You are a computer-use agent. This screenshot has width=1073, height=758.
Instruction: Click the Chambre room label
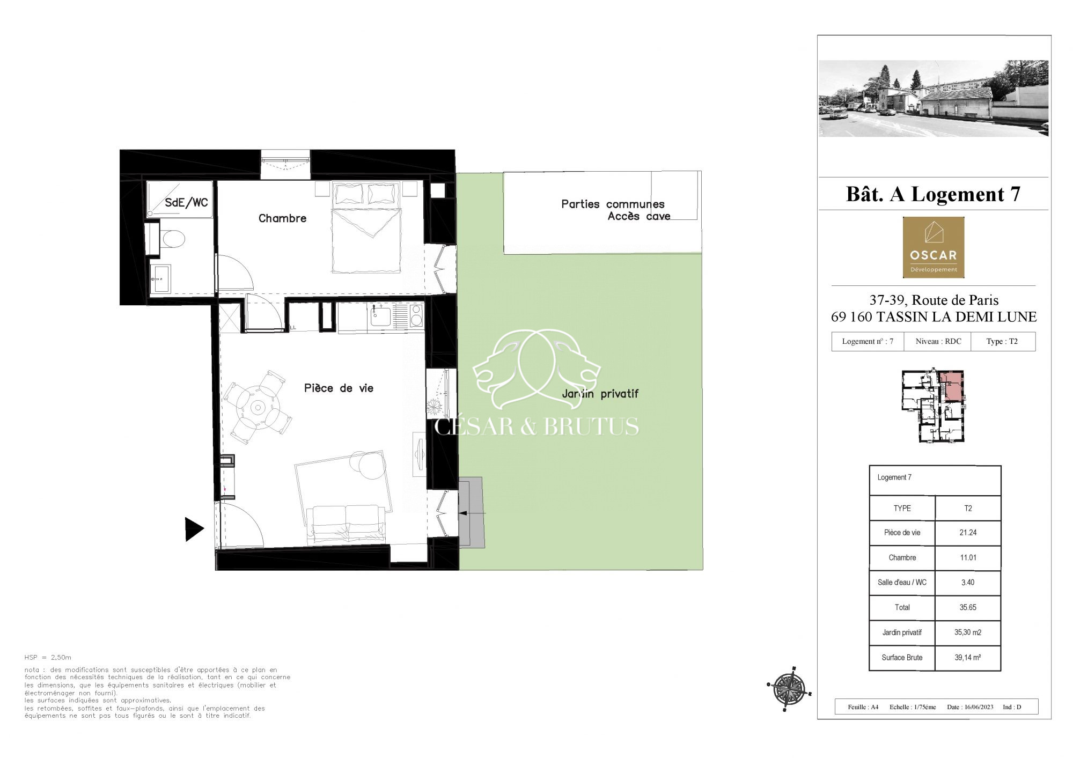(x=282, y=218)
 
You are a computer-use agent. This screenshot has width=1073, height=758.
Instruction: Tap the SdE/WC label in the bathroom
(x=186, y=203)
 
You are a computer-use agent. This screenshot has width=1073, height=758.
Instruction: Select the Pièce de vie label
(x=339, y=388)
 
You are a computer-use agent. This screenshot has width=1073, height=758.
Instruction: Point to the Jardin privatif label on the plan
(x=600, y=394)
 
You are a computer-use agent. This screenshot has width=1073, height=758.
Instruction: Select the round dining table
(x=258, y=408)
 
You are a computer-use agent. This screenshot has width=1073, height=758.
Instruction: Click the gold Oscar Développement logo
(x=934, y=247)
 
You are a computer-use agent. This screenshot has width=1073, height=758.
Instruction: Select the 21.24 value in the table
(x=968, y=533)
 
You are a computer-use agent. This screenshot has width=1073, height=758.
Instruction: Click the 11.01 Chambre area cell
(x=968, y=557)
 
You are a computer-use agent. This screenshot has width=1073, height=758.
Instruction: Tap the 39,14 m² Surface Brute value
(x=968, y=657)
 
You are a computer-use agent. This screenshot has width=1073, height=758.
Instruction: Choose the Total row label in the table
(x=902, y=607)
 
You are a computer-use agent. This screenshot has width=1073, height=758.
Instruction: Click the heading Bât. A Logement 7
(x=934, y=194)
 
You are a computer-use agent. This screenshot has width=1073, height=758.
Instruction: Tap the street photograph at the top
(x=934, y=98)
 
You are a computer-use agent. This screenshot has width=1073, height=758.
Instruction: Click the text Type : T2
(x=1002, y=341)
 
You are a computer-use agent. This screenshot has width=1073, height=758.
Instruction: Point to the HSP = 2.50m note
(x=48, y=658)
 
